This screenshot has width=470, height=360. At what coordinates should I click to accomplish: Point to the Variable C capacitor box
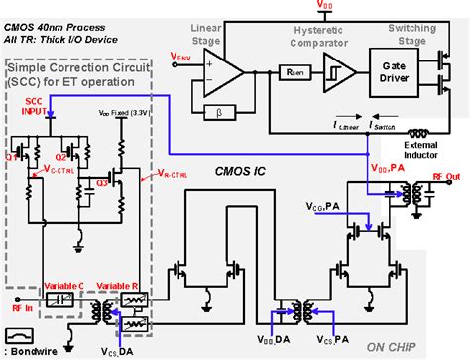[59, 298]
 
